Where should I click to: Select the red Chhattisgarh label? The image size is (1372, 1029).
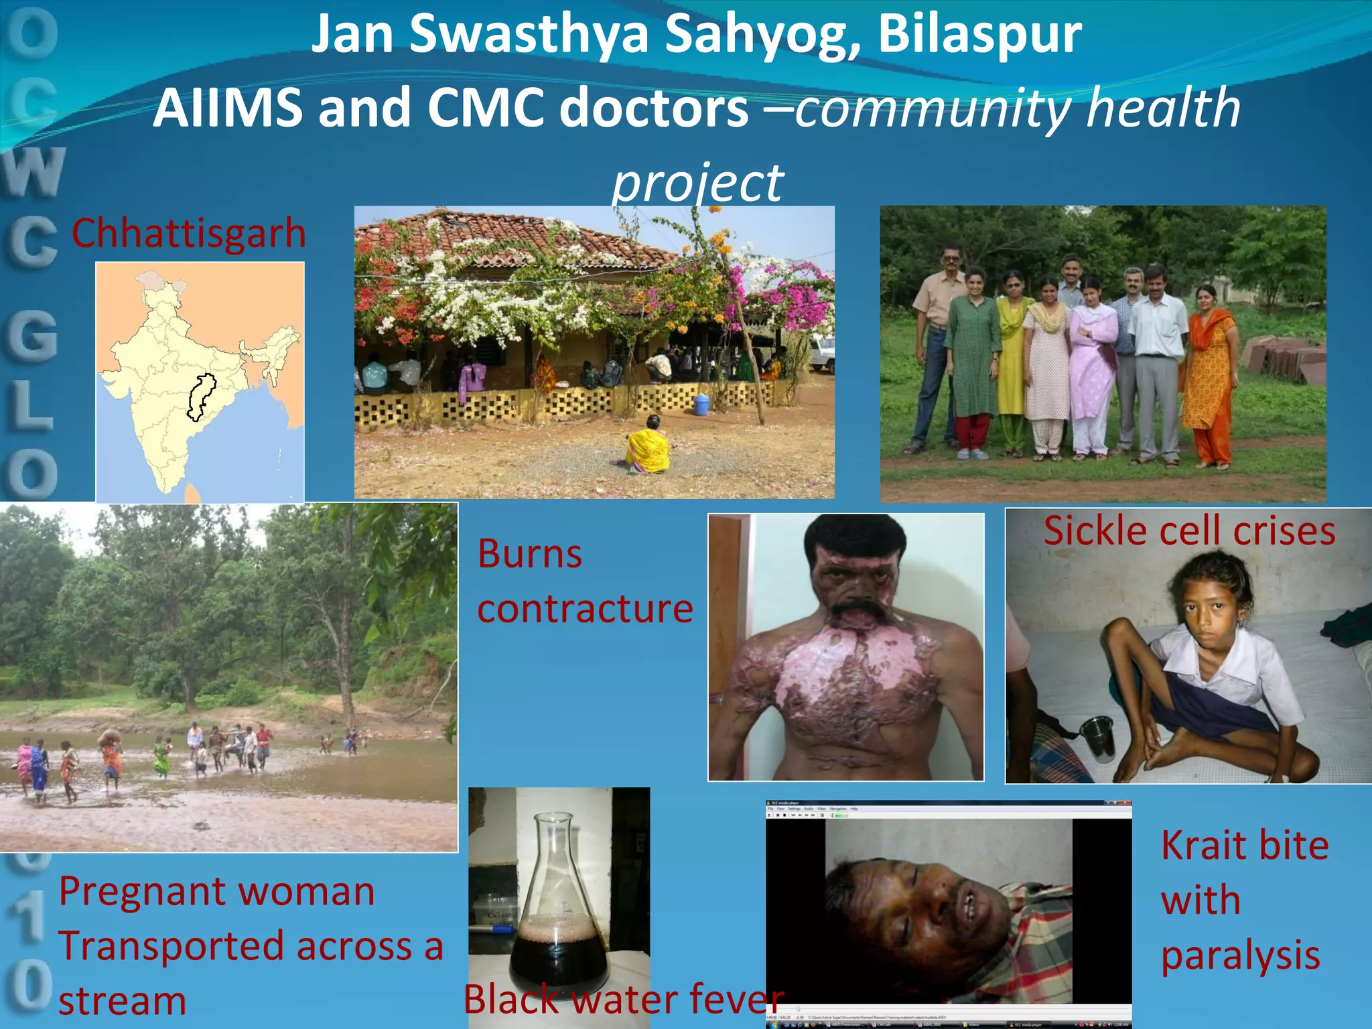[x=188, y=233]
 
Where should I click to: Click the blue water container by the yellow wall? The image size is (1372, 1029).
[x=701, y=404]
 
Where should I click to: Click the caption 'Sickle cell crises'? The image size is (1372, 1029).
[x=1189, y=531]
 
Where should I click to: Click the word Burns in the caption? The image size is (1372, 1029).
[x=530, y=554]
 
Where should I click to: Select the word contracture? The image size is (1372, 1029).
[x=585, y=609]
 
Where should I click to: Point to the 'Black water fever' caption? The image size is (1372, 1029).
[x=623, y=999]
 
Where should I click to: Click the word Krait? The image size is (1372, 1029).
[x=1203, y=845]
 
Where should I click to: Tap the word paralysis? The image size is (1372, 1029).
[x=1240, y=955]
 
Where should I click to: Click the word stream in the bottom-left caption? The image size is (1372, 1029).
[x=123, y=1001]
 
